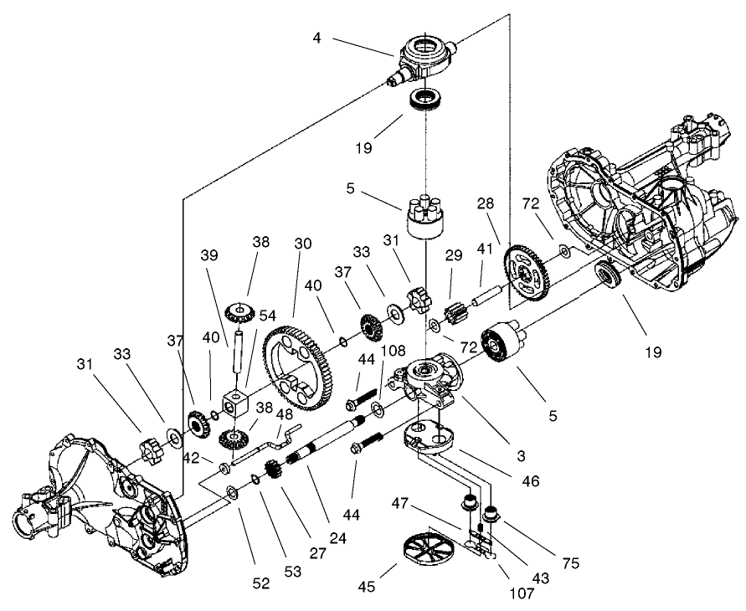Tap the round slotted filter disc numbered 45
pyautogui.click(x=426, y=555)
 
